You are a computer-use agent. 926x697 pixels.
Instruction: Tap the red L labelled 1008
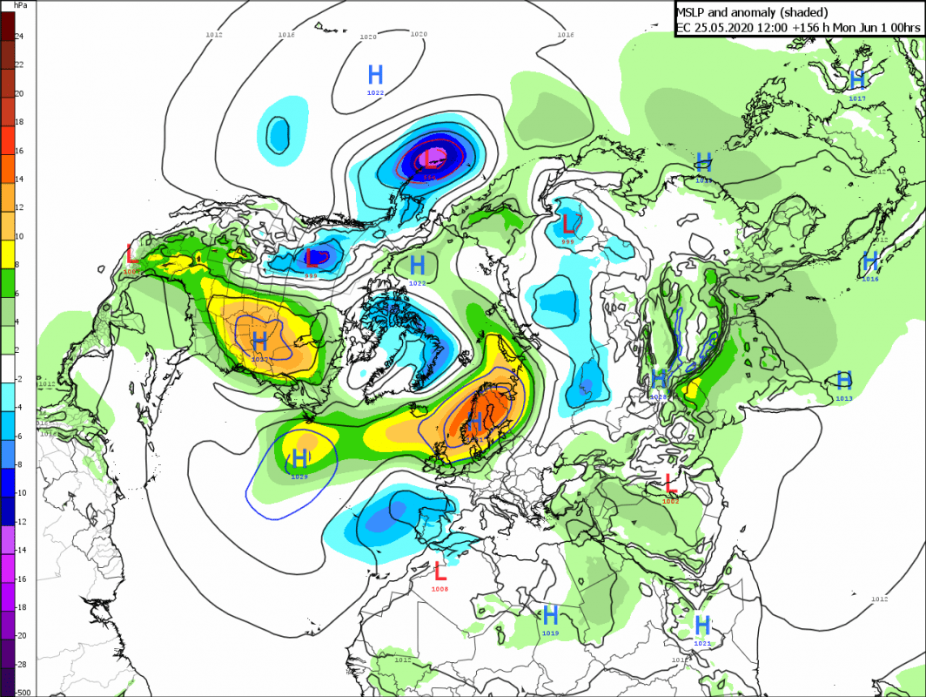440,572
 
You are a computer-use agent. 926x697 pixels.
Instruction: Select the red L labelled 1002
670,482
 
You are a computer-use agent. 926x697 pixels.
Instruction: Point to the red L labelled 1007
131,254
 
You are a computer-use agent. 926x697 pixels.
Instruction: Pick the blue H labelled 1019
550,614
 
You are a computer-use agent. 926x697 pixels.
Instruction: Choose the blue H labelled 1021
702,625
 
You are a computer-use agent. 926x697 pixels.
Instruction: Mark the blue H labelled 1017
857,80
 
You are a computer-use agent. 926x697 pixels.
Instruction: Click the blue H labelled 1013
843,380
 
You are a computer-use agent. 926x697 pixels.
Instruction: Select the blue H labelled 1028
659,378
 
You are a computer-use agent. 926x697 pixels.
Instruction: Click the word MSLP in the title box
694,11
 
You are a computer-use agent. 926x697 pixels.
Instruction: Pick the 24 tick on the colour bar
19,37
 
